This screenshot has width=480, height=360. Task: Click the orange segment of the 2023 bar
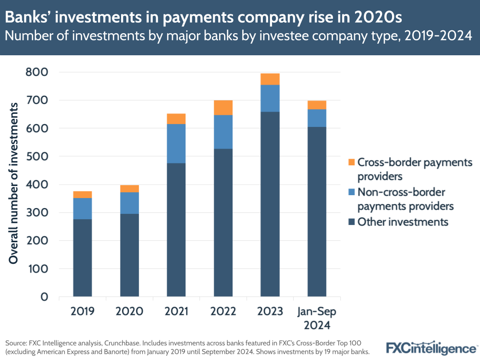tap(270, 79)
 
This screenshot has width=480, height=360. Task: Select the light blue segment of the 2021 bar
tap(176, 144)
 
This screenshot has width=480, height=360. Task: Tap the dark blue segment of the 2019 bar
tap(82, 258)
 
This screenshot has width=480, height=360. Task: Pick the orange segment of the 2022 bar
tap(223, 108)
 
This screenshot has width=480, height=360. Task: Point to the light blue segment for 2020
tap(129, 203)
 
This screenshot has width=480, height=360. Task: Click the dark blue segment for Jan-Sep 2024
tap(317, 211)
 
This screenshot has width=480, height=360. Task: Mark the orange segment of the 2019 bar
tap(82, 195)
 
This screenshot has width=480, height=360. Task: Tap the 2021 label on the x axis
tap(176, 311)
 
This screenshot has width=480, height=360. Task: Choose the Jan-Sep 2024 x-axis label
tap(317, 318)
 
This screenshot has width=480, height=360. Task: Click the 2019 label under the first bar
tap(82, 311)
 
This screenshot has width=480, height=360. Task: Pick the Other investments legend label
tap(403, 222)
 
